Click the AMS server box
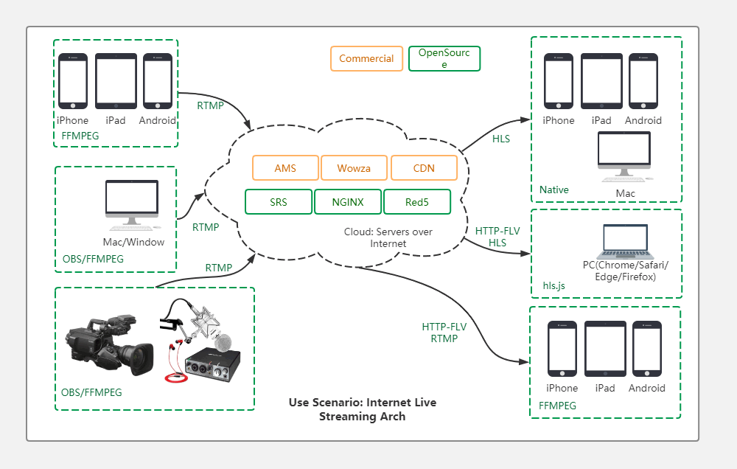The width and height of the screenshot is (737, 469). pyautogui.click(x=285, y=168)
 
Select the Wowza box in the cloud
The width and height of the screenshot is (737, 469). pyautogui.click(x=354, y=168)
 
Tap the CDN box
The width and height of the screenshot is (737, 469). pyautogui.click(x=424, y=168)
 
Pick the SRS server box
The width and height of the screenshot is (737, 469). pyautogui.click(x=279, y=201)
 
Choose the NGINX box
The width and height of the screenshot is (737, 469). pyautogui.click(x=348, y=201)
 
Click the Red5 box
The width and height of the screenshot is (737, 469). pyautogui.click(x=417, y=201)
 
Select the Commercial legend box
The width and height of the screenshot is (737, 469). pyautogui.click(x=366, y=59)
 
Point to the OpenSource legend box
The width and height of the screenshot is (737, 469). pyautogui.click(x=444, y=59)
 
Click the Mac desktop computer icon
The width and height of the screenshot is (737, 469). pyautogui.click(x=624, y=156)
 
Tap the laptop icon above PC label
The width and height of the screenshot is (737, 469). pyautogui.click(x=626, y=240)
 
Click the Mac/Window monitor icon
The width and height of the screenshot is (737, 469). pyautogui.click(x=132, y=203)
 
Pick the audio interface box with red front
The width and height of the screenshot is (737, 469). pyautogui.click(x=214, y=367)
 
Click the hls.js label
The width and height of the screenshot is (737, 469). pyautogui.click(x=553, y=285)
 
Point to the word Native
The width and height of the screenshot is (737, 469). pyautogui.click(x=554, y=190)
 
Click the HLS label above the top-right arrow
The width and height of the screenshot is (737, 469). pyautogui.click(x=501, y=139)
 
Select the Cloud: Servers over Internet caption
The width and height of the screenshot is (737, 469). pyautogui.click(x=388, y=237)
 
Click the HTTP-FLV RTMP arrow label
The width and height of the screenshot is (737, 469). pyautogui.click(x=444, y=333)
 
